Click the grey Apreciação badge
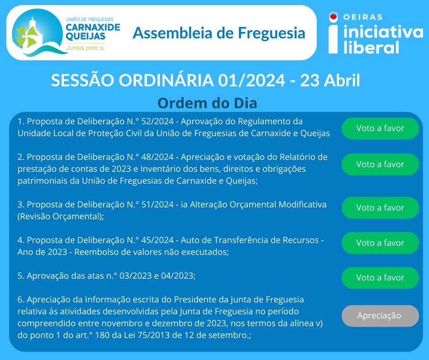pos(380,316)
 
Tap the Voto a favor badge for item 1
pos(380,128)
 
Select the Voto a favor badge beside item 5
pos(380,277)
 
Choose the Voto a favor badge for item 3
pos(380,208)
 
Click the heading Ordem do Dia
pos(207,103)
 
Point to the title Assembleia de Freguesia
pos(219,33)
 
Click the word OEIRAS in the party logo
pos(363,17)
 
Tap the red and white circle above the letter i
pos(333,17)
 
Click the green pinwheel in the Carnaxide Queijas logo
pos(26,37)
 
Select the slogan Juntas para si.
pos(85,48)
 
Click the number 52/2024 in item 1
pos(157,122)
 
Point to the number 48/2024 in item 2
pos(157,157)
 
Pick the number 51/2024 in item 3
pos(157,205)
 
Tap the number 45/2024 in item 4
pos(157,240)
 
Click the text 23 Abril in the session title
pos(330,80)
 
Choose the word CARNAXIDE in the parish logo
pos(93,27)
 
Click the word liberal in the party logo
pos(371,47)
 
